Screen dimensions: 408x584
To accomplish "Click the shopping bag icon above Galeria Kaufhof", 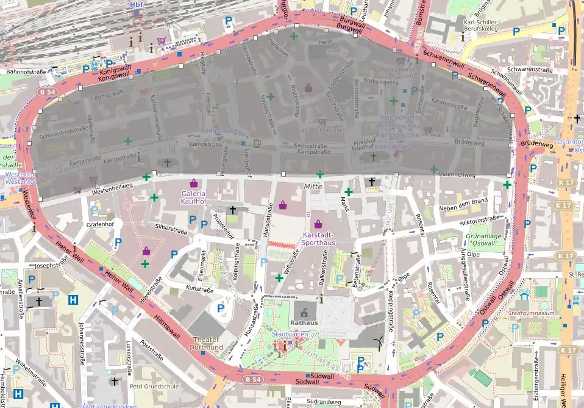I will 194,183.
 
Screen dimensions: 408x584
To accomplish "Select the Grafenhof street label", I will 101,224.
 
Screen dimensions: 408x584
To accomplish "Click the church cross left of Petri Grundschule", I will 114,381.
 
